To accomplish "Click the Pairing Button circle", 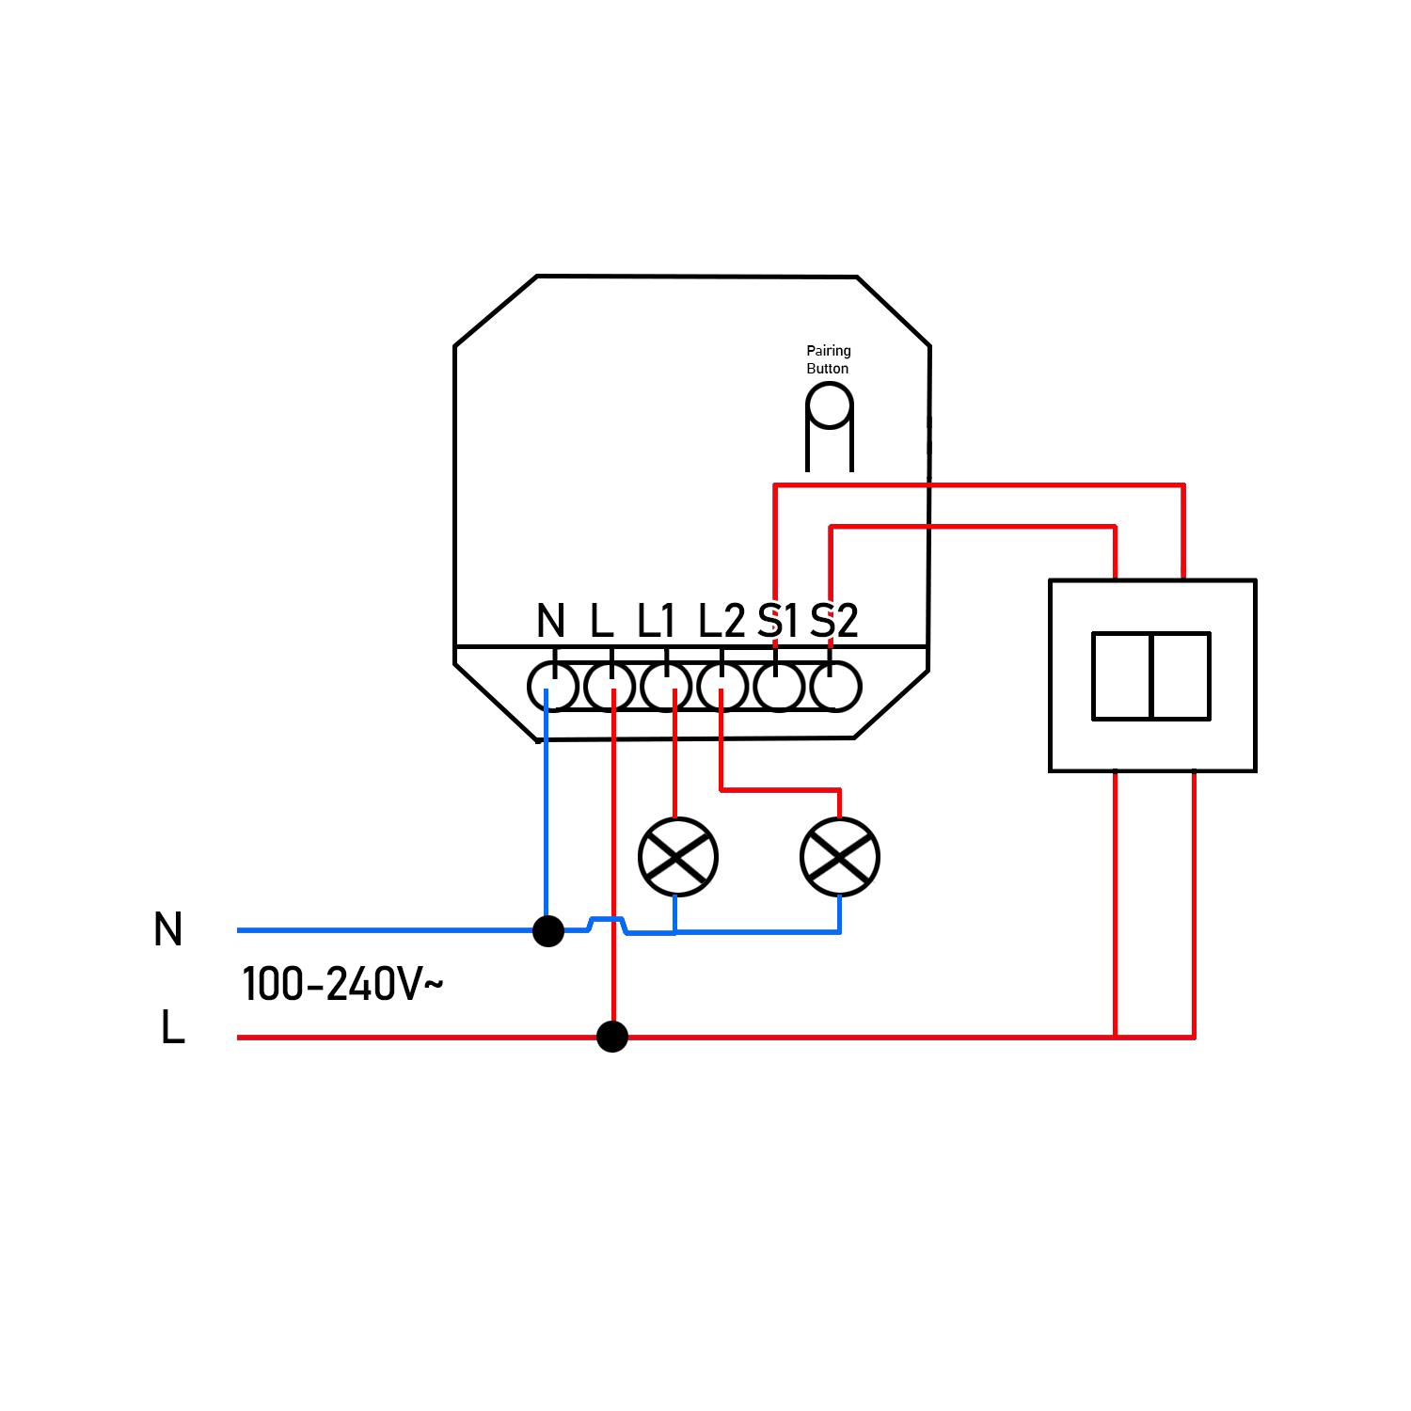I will coord(829,406).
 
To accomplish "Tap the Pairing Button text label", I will coord(828,359).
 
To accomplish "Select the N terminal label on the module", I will coord(550,621).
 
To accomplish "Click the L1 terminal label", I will coord(657,621).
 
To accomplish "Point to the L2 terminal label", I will coord(721,621).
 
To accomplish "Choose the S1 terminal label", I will coord(778,621).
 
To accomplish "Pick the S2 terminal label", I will coord(834,621).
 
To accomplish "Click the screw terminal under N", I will coord(552,687).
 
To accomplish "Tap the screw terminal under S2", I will coord(835,687).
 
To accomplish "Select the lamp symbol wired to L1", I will coord(677,857).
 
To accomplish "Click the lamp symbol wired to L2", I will coord(839,857).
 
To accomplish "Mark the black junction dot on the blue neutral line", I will coord(548,931).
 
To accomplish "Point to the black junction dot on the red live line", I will coord(612,1037).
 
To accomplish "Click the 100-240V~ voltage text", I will coord(342,984).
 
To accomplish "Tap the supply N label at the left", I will coord(167,929).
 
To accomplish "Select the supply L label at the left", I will coord(172,1028).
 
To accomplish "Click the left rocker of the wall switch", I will coord(1121,676).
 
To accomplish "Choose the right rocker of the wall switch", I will coord(1181,676).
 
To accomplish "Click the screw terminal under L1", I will coord(666,687).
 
